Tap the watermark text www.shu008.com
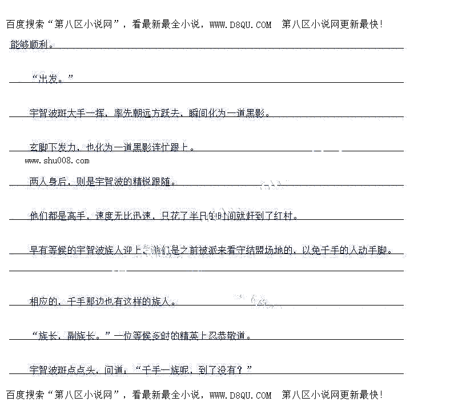(57, 160)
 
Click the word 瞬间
(198, 113)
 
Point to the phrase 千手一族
(160, 370)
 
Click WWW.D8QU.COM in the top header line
(240, 25)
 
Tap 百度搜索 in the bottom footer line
(25, 395)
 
